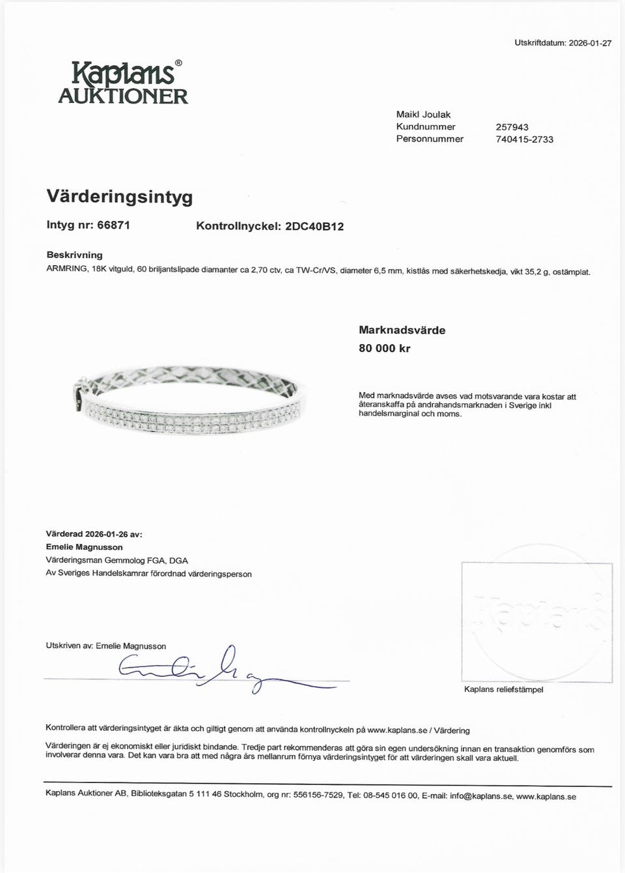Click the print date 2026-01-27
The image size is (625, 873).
tap(590, 43)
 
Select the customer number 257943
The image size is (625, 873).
tap(512, 127)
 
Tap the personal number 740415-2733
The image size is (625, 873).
tap(525, 139)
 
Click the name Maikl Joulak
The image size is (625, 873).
tap(423, 115)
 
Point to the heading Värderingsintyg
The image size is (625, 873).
tap(120, 196)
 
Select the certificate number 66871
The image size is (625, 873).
tap(113, 225)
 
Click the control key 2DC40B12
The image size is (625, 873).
tap(314, 227)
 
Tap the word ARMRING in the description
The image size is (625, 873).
tap(67, 270)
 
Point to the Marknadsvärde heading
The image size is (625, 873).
tap(402, 330)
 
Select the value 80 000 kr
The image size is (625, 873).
tap(385, 349)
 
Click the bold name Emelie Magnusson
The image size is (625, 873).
tap(84, 547)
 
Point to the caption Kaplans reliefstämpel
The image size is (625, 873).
tap(503, 689)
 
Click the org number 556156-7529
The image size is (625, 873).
tap(318, 796)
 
